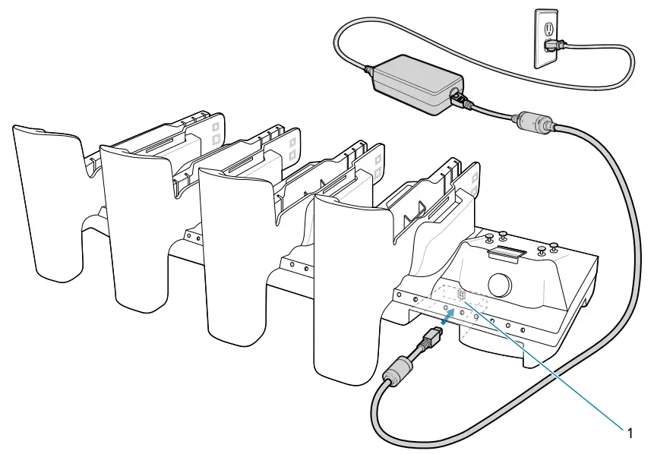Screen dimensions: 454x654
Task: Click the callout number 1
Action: click(x=629, y=432)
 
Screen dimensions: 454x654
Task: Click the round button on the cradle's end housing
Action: click(x=500, y=284)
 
